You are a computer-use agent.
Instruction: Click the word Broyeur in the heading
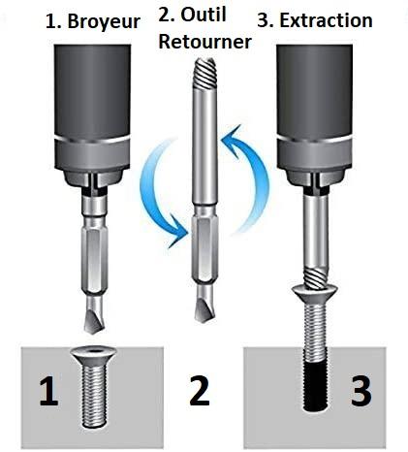pos(104,22)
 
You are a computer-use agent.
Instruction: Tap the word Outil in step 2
pos(203,15)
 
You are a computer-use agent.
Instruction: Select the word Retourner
pos(204,42)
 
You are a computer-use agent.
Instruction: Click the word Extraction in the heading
pos(326,20)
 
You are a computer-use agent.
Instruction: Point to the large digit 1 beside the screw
pos(48,391)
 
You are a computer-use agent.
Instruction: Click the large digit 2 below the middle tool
pos(200,390)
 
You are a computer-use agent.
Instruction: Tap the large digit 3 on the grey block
pos(361,391)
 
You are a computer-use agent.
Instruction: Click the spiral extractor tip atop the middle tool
pos(204,74)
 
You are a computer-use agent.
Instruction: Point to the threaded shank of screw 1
pos(94,398)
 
